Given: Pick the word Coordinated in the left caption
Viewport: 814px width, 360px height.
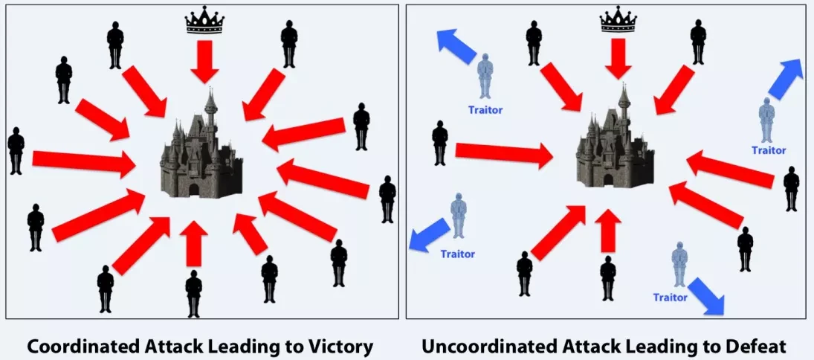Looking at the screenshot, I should click(x=80, y=346).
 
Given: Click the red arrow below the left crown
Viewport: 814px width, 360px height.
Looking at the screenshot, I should click(x=204, y=62).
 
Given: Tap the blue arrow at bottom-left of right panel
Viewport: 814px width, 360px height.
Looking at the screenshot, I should click(x=429, y=234).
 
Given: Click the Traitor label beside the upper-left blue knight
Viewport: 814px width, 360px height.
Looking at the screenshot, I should click(x=485, y=111).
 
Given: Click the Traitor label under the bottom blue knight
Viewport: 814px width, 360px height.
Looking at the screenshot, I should click(x=670, y=298).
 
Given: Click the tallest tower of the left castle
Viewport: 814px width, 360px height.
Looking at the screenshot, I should click(x=211, y=112).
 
